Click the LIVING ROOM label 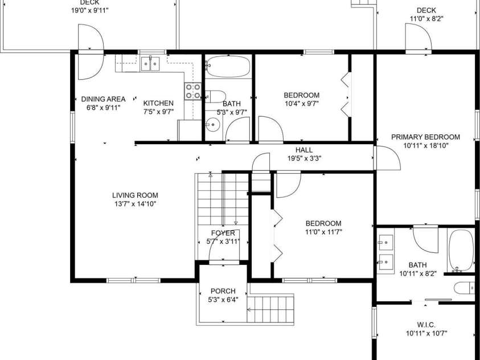click(135, 195)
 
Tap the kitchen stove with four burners click(193, 91)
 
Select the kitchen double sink click(150, 63)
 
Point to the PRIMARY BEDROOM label click(425, 137)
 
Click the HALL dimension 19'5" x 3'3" click(304, 158)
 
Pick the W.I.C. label click(426, 325)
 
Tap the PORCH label click(223, 291)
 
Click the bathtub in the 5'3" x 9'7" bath click(228, 67)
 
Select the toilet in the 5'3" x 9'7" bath click(215, 97)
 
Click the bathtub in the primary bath click(461, 251)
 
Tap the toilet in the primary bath click(464, 288)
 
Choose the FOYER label click(223, 234)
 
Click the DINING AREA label click(103, 99)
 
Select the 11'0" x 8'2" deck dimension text click(426, 19)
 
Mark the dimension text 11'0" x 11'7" click(323, 232)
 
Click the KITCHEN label click(158, 104)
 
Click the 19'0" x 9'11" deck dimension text click(90, 10)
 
